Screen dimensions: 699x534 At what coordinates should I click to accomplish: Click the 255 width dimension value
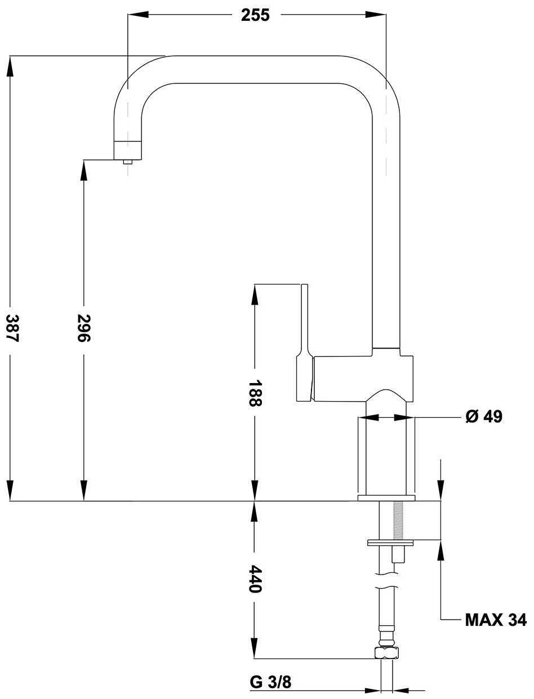coord(255,15)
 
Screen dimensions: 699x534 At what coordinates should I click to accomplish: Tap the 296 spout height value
coord(84,327)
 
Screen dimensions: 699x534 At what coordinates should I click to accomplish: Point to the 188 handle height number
coord(255,393)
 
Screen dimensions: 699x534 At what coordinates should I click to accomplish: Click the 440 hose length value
coord(255,579)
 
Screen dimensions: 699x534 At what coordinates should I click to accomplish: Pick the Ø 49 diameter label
coord(483,417)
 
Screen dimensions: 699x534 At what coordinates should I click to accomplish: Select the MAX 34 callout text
coord(496,620)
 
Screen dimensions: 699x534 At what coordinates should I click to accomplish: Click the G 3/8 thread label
coord(270,683)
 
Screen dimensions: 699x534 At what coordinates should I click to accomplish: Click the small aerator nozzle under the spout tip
coord(128,162)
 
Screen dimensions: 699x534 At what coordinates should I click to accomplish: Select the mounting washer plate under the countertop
coord(390,542)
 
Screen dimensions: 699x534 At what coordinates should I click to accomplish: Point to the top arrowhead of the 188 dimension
coord(255,293)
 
